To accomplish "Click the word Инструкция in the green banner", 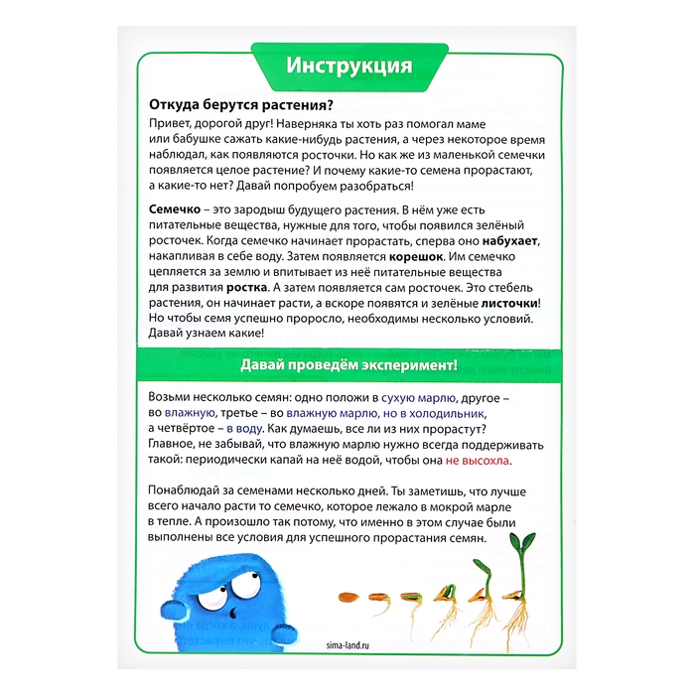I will tap(347, 67).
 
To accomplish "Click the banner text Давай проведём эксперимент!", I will tap(347, 365).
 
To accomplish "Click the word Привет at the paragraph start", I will tap(173, 123).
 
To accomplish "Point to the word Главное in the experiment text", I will tap(176, 446).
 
